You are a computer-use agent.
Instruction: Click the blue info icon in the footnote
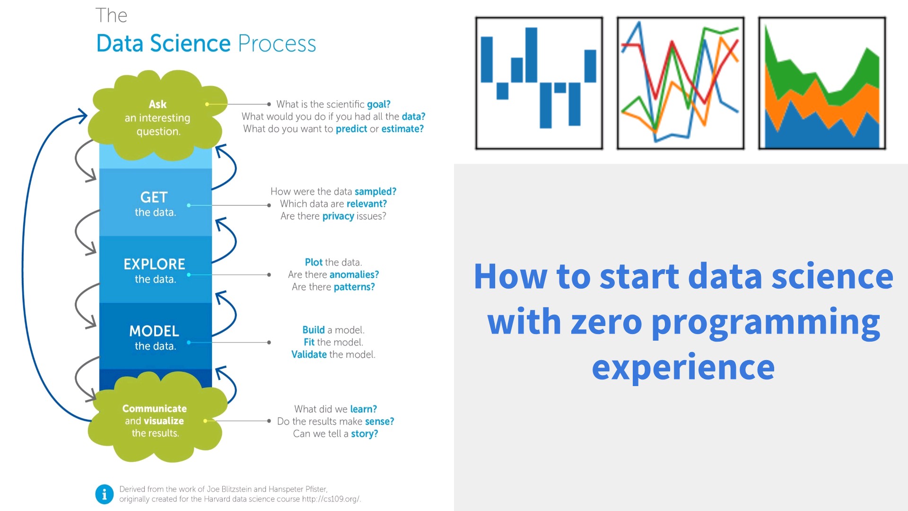click(x=105, y=494)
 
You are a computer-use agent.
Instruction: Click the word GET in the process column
click(x=154, y=197)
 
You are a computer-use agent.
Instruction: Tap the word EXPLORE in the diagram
click(x=154, y=264)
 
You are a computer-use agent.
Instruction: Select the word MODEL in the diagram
click(x=154, y=331)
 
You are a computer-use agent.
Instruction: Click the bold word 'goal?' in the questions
click(x=379, y=104)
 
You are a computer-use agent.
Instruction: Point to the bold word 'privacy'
click(x=338, y=216)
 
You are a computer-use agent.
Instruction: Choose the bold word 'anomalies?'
click(x=354, y=274)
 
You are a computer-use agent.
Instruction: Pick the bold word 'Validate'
click(x=309, y=354)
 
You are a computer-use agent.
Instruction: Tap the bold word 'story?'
click(x=364, y=434)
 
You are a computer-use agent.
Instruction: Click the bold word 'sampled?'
click(x=375, y=192)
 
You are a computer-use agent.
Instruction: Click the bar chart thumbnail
click(x=539, y=83)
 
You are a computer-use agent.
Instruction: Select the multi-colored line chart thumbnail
click(x=681, y=83)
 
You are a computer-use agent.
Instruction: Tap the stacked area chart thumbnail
click(x=822, y=83)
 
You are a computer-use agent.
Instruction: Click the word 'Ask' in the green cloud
click(x=157, y=104)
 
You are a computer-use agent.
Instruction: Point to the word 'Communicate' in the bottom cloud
click(x=154, y=408)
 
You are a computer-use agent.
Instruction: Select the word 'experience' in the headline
click(x=683, y=368)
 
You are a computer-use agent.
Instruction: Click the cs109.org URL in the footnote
click(x=331, y=499)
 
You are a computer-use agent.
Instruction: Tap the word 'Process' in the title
click(x=277, y=44)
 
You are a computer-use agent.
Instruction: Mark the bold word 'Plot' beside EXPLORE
click(x=314, y=262)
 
